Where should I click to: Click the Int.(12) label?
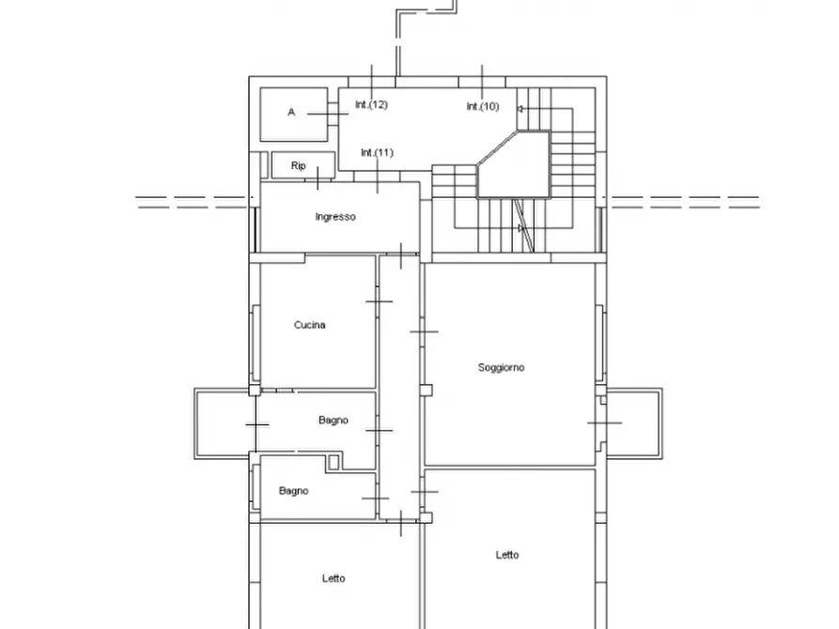tap(371, 105)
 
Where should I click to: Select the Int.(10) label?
tap(483, 106)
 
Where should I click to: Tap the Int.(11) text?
tap(378, 153)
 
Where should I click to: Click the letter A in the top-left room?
tap(291, 112)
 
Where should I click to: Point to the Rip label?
tap(299, 166)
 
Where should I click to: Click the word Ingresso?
tap(335, 217)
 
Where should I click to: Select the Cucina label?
tap(310, 325)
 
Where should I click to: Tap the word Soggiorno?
tap(502, 367)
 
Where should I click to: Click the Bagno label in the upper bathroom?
tap(334, 421)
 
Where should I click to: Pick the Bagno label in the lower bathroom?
tap(294, 490)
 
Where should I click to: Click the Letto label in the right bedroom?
tap(507, 555)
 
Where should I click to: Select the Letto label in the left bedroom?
tap(334, 578)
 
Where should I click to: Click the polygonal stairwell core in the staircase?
tap(514, 164)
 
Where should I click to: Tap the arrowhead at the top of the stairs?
tap(520, 109)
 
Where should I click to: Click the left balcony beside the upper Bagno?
tap(225, 423)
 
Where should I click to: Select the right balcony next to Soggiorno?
tap(634, 423)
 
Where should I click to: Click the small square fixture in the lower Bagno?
tap(334, 462)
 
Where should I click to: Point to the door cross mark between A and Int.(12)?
tap(328, 114)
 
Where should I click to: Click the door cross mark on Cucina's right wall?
tap(379, 301)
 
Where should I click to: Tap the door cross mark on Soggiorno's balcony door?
tap(605, 423)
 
